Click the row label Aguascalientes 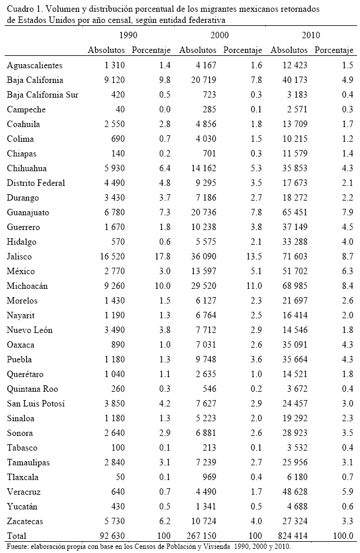(x=34, y=65)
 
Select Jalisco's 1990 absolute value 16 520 (x=109, y=256)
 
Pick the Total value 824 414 (x=291, y=536)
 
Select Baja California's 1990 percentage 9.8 (x=148, y=80)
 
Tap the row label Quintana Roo (x=31, y=389)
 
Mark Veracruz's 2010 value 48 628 (x=291, y=492)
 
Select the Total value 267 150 (x=201, y=536)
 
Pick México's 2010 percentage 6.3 (x=345, y=271)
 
